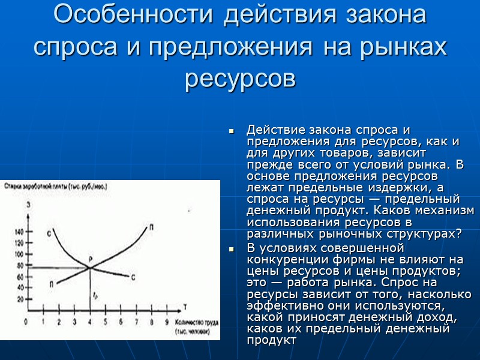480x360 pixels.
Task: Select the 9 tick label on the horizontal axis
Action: (166, 322)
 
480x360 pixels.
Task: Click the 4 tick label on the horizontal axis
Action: (89, 322)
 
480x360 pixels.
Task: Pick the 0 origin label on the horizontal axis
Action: (25, 322)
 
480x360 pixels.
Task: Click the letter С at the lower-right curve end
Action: (133, 277)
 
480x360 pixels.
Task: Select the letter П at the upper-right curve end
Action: (151, 226)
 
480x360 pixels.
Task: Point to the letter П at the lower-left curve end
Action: (52, 283)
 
